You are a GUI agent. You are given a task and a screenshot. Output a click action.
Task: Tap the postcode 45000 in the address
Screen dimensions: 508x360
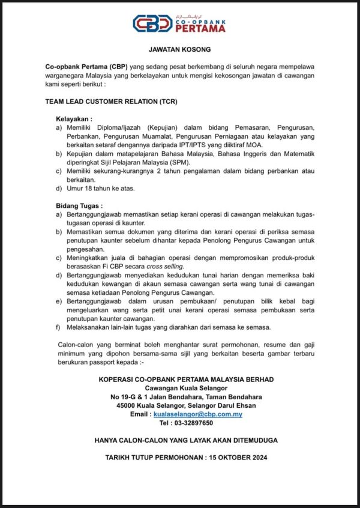[x=128, y=405]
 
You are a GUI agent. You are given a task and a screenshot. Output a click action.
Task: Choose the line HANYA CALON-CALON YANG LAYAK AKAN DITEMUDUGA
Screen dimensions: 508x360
[x=186, y=440]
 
